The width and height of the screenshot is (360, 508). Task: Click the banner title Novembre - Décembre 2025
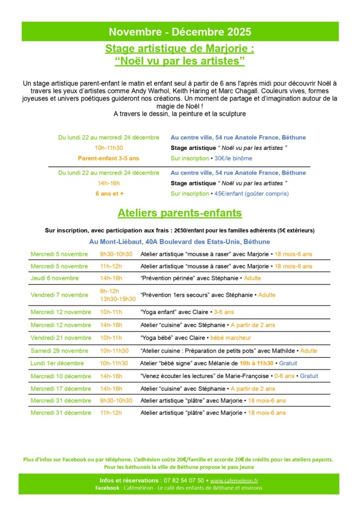180,32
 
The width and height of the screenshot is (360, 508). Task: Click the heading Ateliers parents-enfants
180,213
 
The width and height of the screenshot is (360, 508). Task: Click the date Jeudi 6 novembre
55,278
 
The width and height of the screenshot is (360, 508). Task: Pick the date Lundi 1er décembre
57,363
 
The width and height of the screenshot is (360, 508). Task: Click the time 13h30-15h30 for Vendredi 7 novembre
118,299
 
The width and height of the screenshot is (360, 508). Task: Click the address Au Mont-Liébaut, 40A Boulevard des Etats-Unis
180,242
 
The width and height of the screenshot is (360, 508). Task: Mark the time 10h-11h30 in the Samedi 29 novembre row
114,350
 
